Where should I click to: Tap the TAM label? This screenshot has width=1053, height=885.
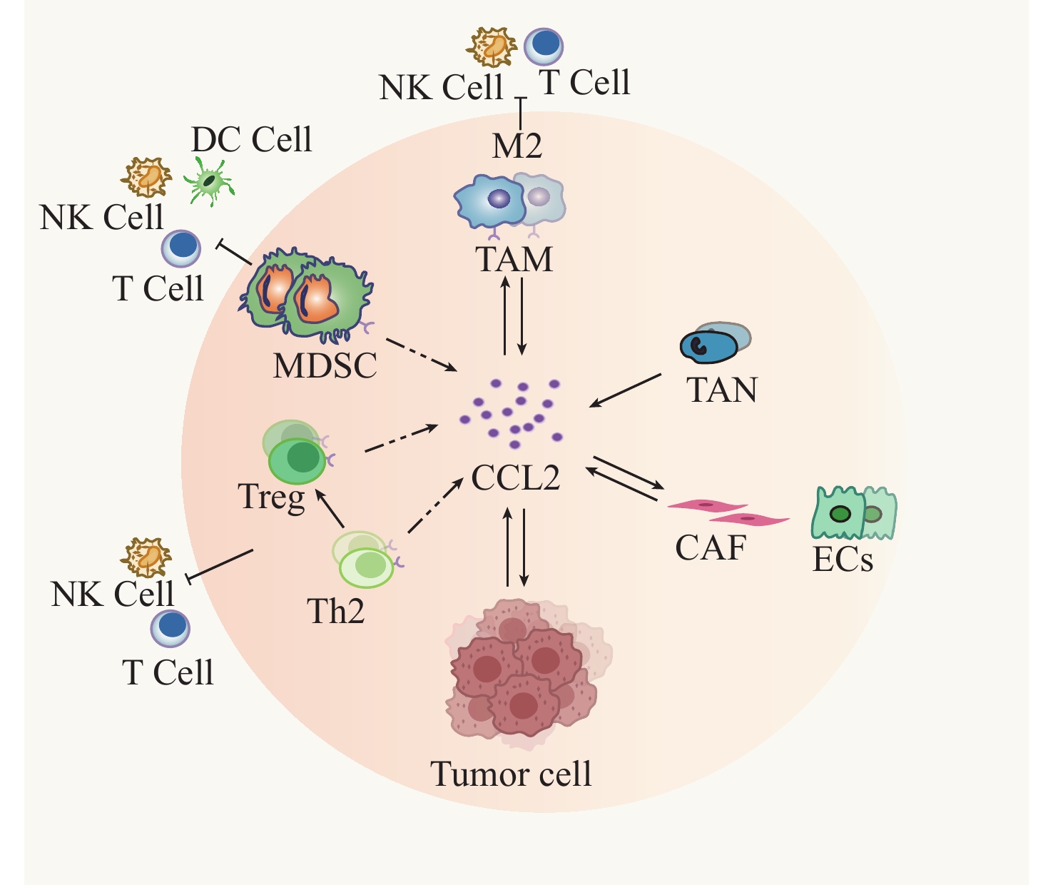514,260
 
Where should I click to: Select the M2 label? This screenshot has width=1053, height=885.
517,147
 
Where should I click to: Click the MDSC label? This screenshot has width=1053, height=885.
325,366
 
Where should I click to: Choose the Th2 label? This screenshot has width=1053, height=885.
335,612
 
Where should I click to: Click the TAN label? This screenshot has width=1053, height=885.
721,390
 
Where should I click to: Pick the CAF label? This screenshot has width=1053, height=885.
711,548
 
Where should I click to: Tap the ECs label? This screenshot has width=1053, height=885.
843,560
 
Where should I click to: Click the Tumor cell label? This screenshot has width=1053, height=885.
511,774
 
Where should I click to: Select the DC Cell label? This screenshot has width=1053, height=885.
252,140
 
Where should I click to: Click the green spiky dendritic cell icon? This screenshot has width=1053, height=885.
209,181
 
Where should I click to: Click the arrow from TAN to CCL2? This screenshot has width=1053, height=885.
625,390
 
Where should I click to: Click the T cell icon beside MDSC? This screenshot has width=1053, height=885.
181,248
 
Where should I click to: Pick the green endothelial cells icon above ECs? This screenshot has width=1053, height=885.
854,512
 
